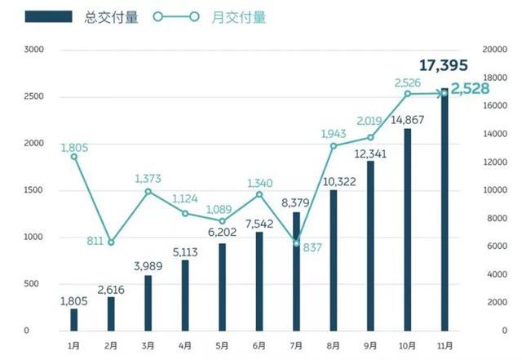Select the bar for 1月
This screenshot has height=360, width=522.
[x=74, y=319]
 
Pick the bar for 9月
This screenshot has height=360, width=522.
[x=370, y=245]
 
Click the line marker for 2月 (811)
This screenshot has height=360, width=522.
[x=111, y=242]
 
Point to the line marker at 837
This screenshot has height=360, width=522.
[x=296, y=242]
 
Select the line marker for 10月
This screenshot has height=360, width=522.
[x=407, y=94]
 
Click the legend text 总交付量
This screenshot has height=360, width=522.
[x=112, y=16]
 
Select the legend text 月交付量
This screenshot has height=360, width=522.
[x=243, y=16]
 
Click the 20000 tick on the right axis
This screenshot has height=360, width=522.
[x=494, y=50]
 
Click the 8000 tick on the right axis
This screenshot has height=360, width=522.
[x=492, y=218]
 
